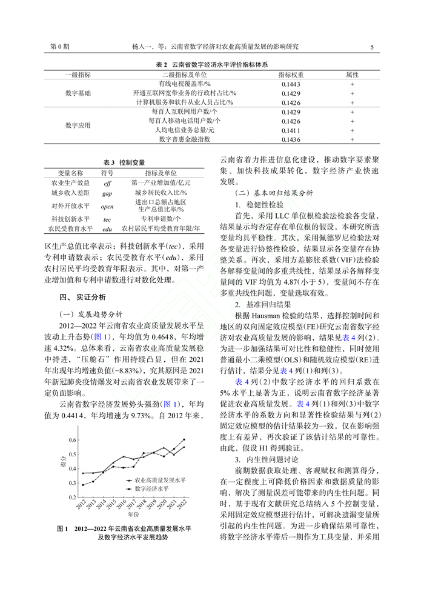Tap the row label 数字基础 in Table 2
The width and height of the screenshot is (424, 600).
click(x=78, y=93)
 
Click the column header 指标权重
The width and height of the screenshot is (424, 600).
click(x=291, y=74)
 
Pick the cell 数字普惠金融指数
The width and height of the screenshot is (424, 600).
click(x=185, y=139)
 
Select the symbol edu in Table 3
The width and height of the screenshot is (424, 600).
click(x=107, y=229)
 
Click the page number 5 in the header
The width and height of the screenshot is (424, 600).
click(x=371, y=46)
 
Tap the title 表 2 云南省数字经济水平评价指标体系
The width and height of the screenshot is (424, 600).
click(x=211, y=64)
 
